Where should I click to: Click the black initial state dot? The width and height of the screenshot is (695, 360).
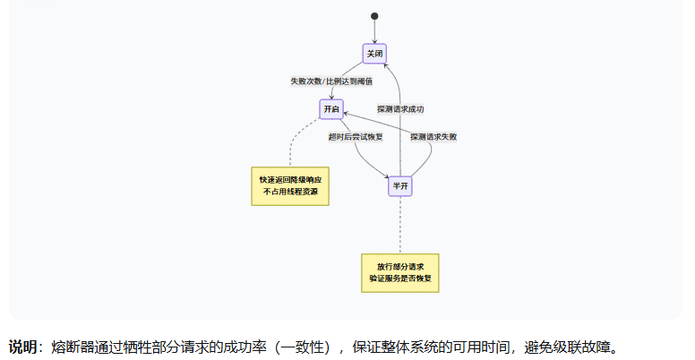coord(374,16)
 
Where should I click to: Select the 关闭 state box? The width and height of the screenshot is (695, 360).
coord(375,54)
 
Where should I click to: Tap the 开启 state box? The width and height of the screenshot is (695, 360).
coord(332,108)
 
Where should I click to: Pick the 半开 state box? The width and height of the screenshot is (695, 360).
coord(400,185)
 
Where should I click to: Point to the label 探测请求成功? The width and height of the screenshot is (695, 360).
coord(400,109)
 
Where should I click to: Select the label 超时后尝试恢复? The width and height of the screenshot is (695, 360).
coord(356,137)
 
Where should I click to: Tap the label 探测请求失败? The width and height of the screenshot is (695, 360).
coord(433,137)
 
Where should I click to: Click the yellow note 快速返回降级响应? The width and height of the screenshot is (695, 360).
coord(290,180)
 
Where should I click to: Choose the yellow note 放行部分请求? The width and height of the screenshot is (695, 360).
coord(400,267)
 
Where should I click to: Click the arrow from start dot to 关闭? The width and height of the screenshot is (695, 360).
coord(374,31)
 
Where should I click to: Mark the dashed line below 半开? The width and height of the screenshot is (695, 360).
coord(400,226)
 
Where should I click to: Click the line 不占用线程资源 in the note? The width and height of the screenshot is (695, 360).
coord(290,192)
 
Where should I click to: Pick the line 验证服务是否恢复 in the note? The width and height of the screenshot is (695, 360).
coord(400,279)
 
